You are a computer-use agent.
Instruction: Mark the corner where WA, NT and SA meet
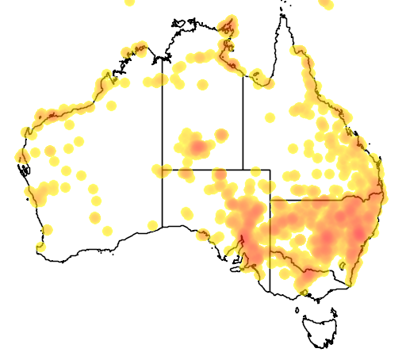point(163,169)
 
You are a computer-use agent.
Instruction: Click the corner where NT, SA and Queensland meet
point(243,169)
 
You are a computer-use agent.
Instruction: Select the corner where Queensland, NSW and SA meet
point(270,200)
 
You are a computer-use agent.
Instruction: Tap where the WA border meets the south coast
point(163,226)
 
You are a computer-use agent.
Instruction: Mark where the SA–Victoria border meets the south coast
point(270,292)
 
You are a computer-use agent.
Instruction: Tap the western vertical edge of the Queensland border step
point(270,184)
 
